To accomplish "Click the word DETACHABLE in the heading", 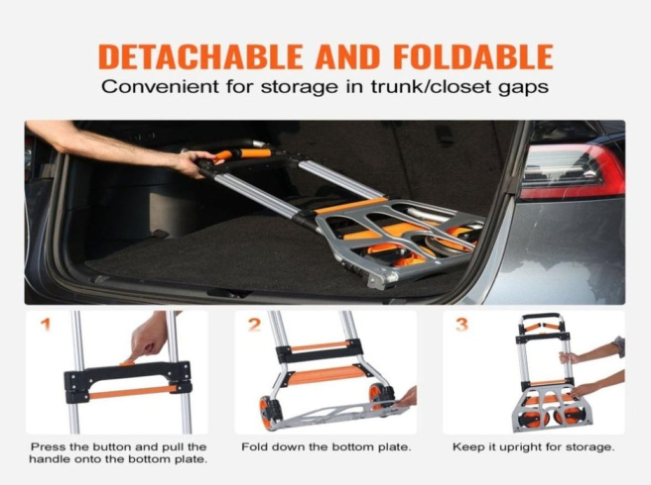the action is click(201, 57).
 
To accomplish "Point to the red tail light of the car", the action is click(572, 172).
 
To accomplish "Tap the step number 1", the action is click(45, 325).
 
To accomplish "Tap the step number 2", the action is click(254, 325).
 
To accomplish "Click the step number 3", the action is click(462, 325).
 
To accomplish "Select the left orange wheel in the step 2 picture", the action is click(265, 409).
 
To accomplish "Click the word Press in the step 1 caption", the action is click(48, 447).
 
